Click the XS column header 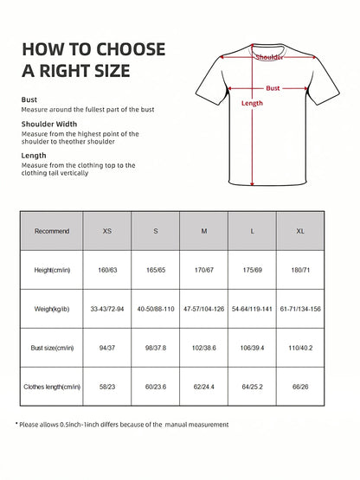(107, 232)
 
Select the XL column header (301, 232)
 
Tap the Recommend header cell (52, 232)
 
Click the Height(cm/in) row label (52, 271)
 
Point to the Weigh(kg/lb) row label (52, 310)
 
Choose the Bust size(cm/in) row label (52, 349)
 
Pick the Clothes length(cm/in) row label (52, 387)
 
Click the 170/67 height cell (204, 271)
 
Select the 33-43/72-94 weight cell (107, 310)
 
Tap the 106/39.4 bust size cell (253, 349)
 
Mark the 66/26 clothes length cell (301, 387)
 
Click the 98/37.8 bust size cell (156, 349)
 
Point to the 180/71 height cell (301, 271)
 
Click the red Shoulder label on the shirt (270, 57)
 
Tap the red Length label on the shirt (252, 104)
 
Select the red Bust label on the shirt (273, 88)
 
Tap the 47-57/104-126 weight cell (204, 310)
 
